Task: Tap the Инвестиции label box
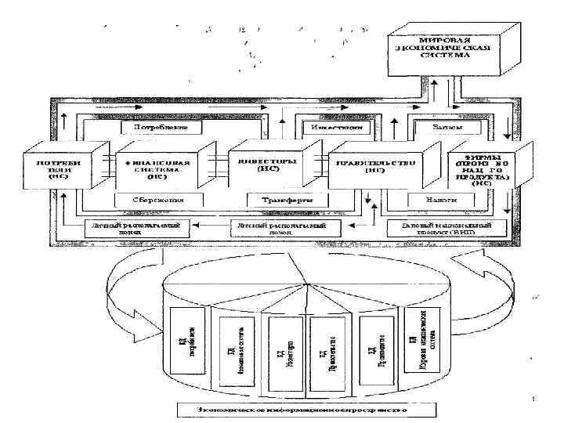pyautogui.click(x=318, y=125)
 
